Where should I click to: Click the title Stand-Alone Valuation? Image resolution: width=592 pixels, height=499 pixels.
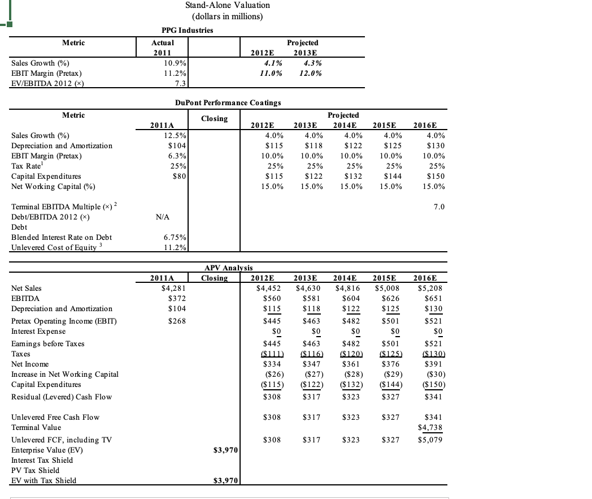point(228,5)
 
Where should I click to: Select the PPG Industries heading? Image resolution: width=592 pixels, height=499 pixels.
point(187,30)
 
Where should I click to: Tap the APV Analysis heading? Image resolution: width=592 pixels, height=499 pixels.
point(228,268)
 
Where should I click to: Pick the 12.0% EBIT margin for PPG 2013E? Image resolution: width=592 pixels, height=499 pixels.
point(311,74)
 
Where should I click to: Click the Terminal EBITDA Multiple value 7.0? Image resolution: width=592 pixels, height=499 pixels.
point(438,207)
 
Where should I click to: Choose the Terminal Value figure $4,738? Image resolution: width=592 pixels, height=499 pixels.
point(433,428)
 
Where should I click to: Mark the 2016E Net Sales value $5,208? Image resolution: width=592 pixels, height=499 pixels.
point(433,288)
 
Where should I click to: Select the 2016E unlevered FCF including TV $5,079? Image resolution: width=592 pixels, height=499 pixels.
point(433,440)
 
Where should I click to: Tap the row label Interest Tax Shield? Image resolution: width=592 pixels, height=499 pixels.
point(42,461)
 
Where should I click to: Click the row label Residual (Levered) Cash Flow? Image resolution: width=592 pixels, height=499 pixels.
point(62,397)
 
